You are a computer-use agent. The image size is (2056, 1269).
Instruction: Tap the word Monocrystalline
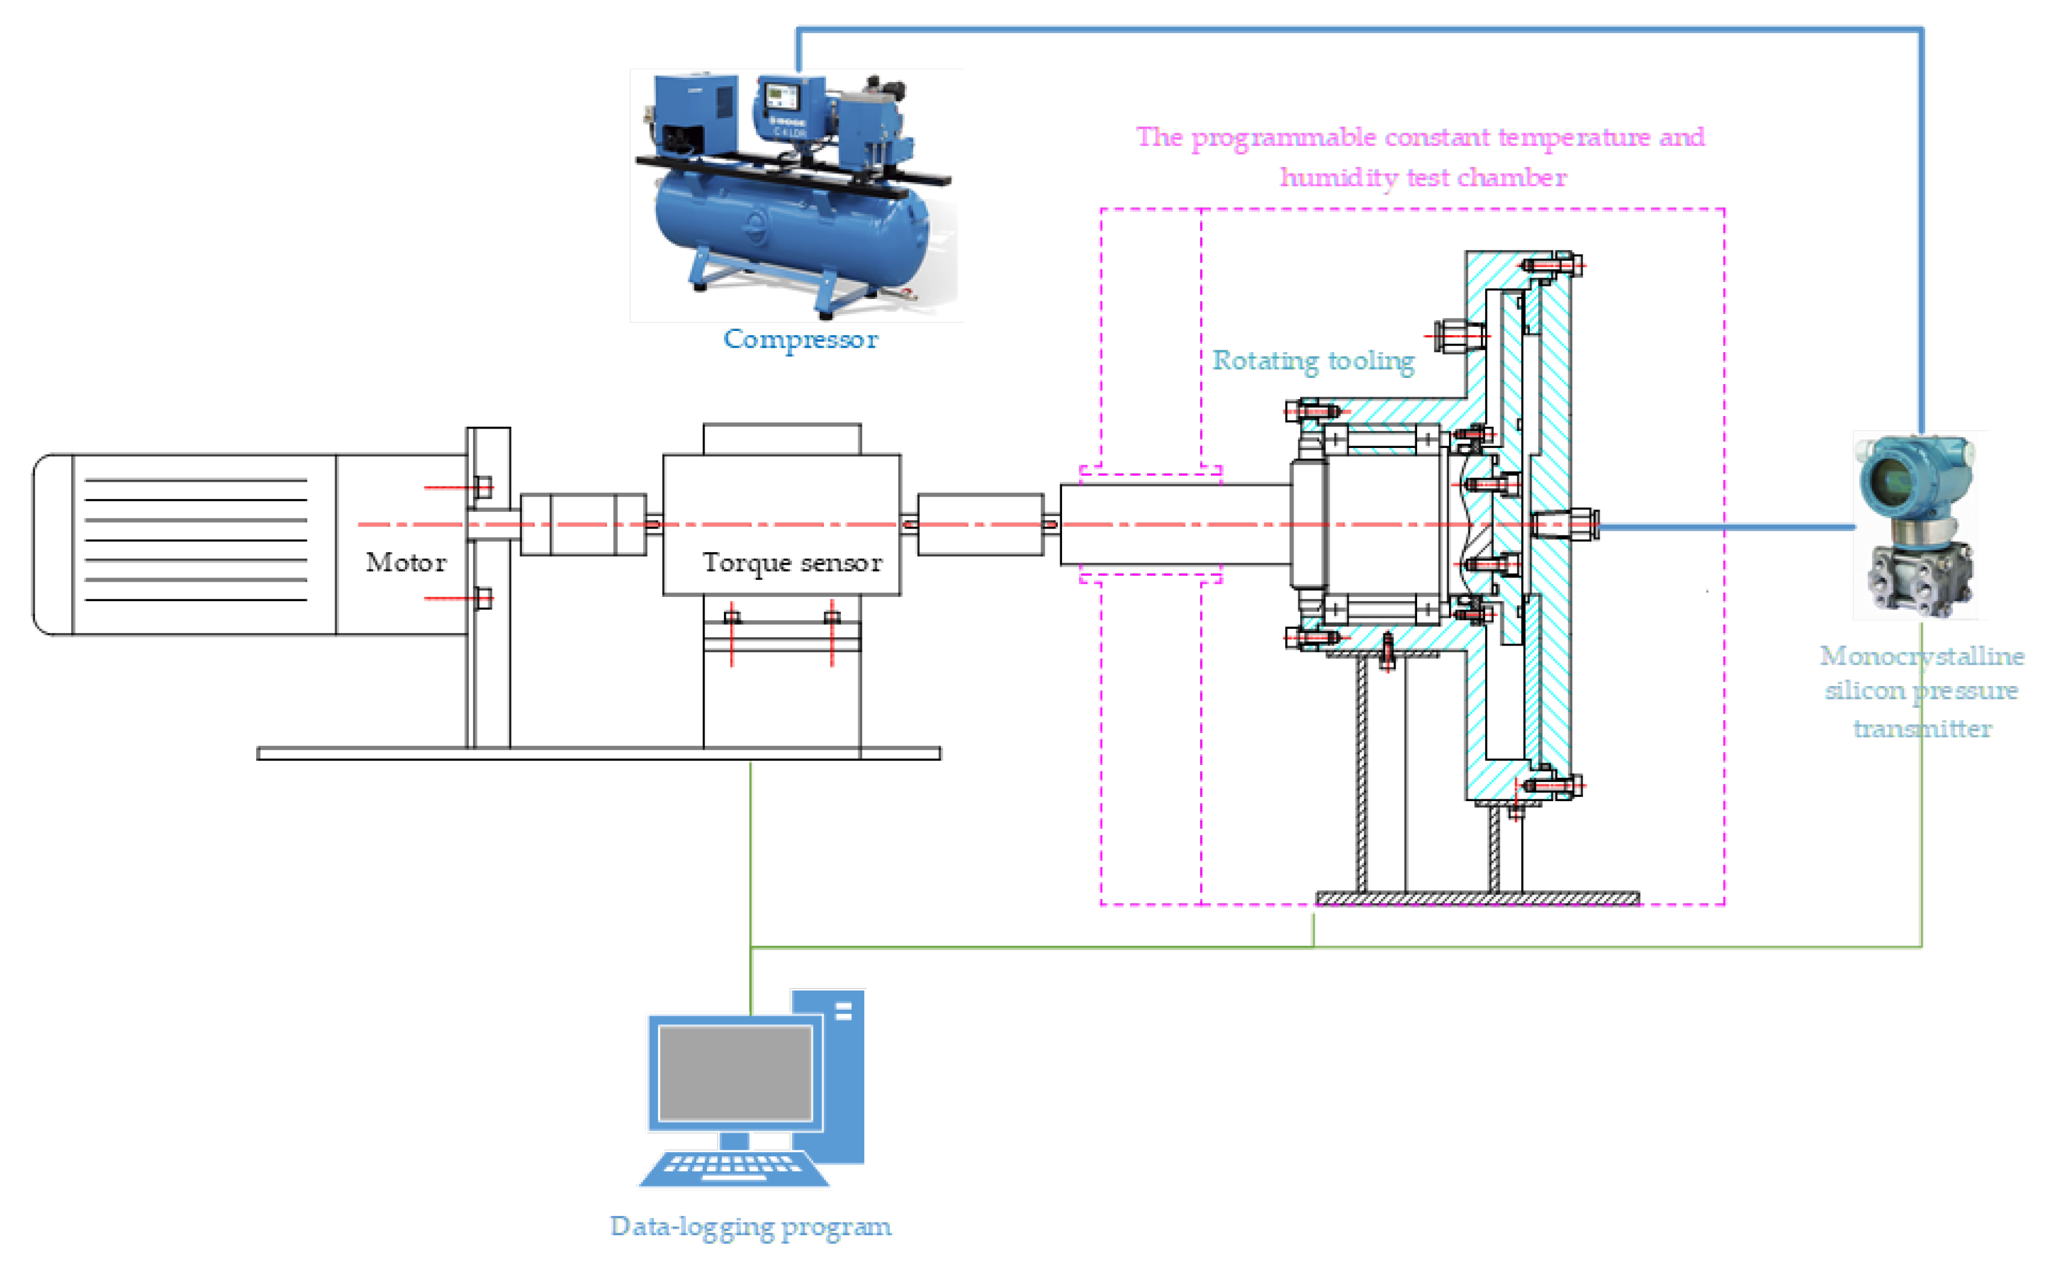[x=1921, y=655]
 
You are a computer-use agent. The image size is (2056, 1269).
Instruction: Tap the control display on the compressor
[x=781, y=95]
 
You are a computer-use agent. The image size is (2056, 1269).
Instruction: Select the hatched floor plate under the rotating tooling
[x=1476, y=899]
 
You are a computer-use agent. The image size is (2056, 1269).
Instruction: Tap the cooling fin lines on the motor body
[x=195, y=540]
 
